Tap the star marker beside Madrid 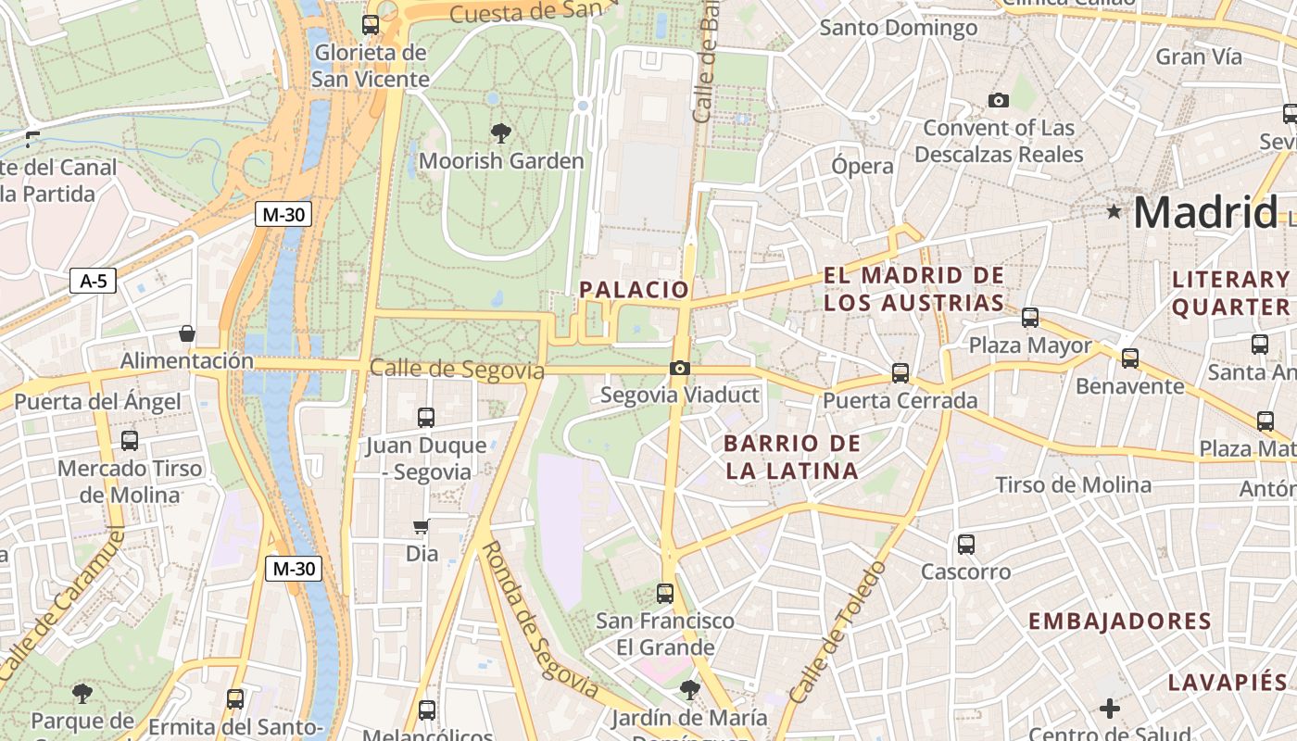pyautogui.click(x=1114, y=212)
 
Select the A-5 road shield pyautogui.click(x=94, y=281)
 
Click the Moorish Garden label pyautogui.click(x=501, y=161)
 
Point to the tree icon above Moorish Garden pyautogui.click(x=501, y=132)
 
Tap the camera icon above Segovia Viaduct pyautogui.click(x=680, y=369)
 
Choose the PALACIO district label pyautogui.click(x=635, y=290)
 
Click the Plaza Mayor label pyautogui.click(x=1030, y=345)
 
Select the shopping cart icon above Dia pyautogui.click(x=422, y=527)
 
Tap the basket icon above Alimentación pyautogui.click(x=187, y=333)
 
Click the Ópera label pyautogui.click(x=862, y=166)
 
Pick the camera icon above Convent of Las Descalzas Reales pyautogui.click(x=998, y=100)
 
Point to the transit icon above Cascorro pyautogui.click(x=966, y=545)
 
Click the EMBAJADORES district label pyautogui.click(x=1119, y=621)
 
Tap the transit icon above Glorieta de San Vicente pyautogui.click(x=371, y=25)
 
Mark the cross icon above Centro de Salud pyautogui.click(x=1109, y=710)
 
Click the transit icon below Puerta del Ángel pyautogui.click(x=130, y=441)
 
